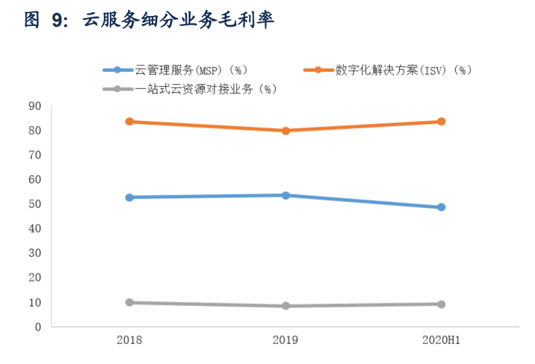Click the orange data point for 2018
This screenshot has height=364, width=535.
129,121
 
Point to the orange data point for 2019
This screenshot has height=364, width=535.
285,131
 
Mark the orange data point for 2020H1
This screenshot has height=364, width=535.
441,121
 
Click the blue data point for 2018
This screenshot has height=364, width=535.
129,197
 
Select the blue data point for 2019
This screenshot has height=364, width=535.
285,195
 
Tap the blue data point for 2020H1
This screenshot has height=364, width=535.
441,207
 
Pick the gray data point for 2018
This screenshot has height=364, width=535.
129,303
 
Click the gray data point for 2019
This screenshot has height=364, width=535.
285,306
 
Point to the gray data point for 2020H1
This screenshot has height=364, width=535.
441,304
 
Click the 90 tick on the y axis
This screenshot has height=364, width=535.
35,106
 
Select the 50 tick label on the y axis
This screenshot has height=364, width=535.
35,204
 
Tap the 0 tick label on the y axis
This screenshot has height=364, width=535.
38,327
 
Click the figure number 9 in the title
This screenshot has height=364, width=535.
58,21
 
